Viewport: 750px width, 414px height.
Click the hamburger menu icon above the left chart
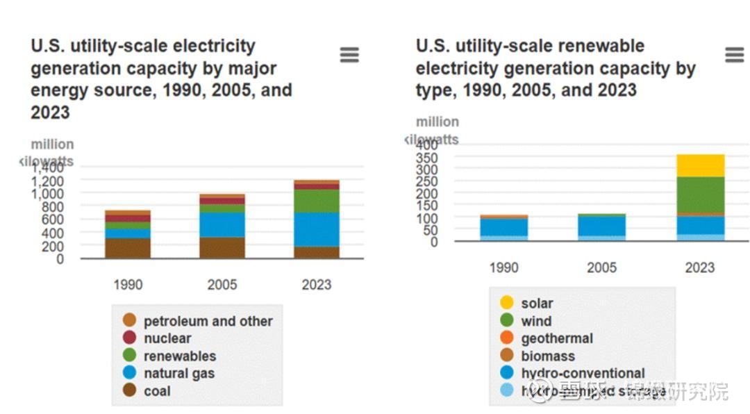(x=349, y=55)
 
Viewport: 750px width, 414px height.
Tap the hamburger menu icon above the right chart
(x=734, y=55)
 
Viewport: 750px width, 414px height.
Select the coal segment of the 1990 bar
(x=128, y=248)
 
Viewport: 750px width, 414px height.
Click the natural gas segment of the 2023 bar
(x=317, y=229)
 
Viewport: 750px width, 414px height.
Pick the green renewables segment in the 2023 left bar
(x=317, y=201)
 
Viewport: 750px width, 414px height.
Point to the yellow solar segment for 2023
(x=701, y=165)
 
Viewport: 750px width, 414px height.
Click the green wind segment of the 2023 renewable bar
(x=701, y=194)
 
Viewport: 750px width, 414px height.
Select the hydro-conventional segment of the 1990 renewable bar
(x=504, y=226)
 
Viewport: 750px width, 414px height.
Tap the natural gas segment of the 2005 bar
(x=222, y=224)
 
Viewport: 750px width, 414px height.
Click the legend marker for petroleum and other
(x=129, y=321)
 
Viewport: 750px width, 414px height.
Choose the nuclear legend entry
(x=167, y=338)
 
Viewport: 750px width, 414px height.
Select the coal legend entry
(x=157, y=391)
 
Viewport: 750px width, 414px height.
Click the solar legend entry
(x=537, y=303)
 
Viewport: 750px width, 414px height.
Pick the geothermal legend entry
(x=557, y=338)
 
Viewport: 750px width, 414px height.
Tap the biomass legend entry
(x=548, y=356)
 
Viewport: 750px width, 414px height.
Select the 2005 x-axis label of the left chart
(x=222, y=284)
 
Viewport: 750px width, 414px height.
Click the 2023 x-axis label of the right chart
(x=700, y=267)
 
